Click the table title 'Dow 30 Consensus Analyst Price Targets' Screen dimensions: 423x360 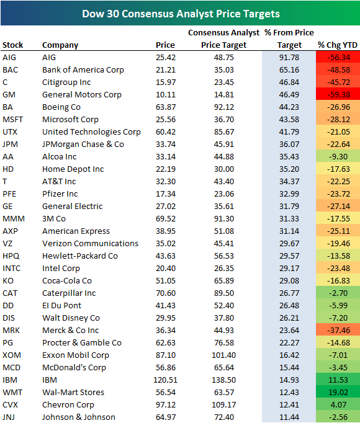tap(179, 13)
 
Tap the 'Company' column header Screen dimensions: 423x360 tap(60, 45)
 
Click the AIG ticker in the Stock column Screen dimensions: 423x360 tap(9, 57)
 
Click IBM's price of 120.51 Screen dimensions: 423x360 tap(164, 380)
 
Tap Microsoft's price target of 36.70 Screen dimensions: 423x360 tap(223, 119)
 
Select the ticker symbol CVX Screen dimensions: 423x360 tap(11, 404)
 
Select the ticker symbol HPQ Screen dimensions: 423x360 tap(11, 256)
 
